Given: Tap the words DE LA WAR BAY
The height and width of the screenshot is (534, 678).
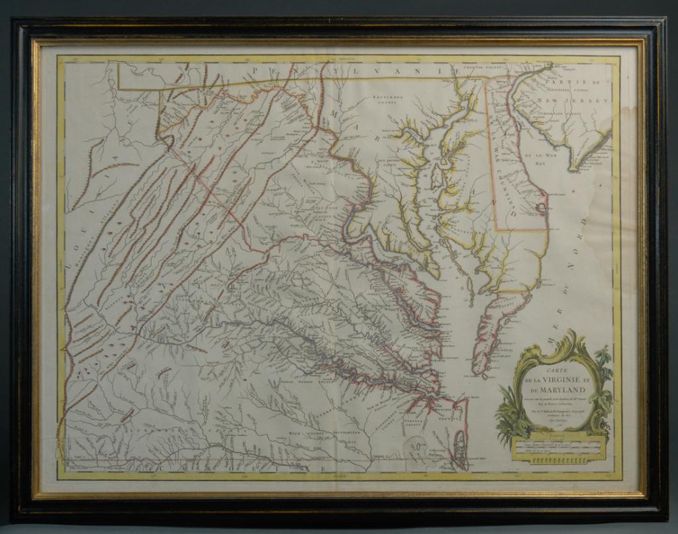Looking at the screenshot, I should [538, 158].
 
